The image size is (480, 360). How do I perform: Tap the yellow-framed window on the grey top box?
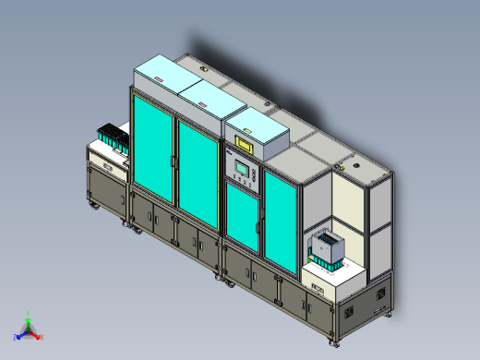[x=245, y=145]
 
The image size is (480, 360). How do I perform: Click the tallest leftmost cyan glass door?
[x=151, y=148]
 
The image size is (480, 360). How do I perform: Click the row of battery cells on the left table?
[x=112, y=138]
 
